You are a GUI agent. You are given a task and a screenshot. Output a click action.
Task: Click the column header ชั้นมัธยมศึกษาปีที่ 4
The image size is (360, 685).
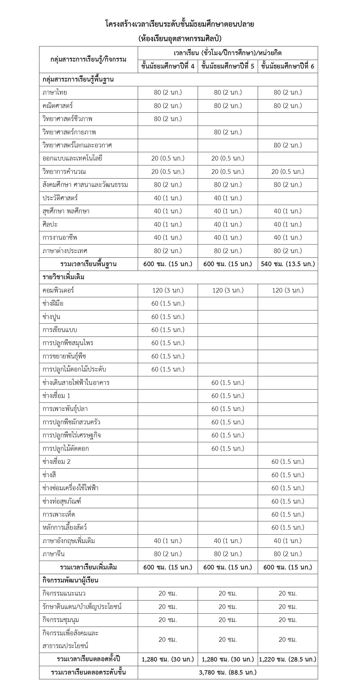point(168,66)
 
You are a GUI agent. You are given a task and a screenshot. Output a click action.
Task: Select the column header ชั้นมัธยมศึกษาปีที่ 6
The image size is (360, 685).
point(287,66)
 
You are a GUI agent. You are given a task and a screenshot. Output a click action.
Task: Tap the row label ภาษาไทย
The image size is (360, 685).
point(55,93)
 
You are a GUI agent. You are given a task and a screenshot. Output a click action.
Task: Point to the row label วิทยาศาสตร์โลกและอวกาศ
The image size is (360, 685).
point(77,145)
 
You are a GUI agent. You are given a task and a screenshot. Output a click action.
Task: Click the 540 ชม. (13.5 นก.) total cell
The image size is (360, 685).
point(287,264)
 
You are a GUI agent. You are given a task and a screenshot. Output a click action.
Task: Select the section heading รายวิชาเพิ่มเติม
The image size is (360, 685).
point(64,277)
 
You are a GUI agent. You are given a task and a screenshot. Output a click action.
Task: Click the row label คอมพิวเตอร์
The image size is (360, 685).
point(58,290)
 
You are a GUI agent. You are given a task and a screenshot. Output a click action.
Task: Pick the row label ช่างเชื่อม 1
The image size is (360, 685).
point(56,396)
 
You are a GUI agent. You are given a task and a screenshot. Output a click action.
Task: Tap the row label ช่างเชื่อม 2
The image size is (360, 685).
point(56,462)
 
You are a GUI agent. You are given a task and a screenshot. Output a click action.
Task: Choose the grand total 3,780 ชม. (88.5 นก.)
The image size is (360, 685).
point(228,673)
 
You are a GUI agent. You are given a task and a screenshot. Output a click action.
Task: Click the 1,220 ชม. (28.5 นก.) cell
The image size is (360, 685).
point(287,659)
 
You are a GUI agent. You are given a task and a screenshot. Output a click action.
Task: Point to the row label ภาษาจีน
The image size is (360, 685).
point(54,554)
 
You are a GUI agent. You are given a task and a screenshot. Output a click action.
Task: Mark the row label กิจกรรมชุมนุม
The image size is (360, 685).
point(61,620)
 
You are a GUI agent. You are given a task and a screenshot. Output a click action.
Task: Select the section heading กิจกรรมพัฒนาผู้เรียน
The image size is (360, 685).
point(70,580)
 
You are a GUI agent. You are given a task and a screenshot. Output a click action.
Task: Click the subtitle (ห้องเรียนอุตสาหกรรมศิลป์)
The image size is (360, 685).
point(180,39)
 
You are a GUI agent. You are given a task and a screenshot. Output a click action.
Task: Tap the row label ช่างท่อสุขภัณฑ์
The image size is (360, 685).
point(62,501)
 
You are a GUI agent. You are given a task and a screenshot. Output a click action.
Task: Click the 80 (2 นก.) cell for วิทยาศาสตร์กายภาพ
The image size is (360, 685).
point(228,132)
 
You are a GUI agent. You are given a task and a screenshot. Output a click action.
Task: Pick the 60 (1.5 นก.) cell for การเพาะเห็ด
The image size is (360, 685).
point(287,514)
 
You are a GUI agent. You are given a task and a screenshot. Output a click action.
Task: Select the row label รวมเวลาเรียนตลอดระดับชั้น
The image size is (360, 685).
point(88,673)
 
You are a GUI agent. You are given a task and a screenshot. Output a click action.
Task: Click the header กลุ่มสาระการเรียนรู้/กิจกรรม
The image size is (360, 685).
point(88,60)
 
